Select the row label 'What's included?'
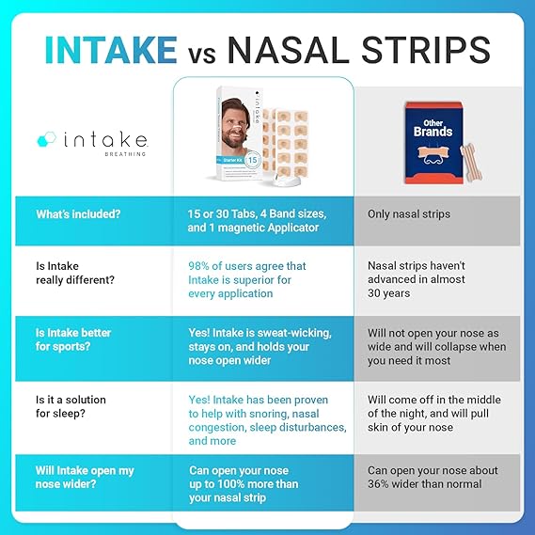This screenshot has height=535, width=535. click(x=78, y=214)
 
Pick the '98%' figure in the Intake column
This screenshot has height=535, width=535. click(x=203, y=266)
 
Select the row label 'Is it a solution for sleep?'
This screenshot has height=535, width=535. click(x=71, y=407)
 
